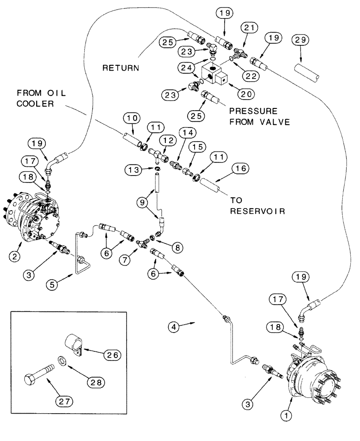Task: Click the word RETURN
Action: point(120,68)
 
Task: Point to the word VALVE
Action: point(274,122)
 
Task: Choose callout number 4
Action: point(175,326)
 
